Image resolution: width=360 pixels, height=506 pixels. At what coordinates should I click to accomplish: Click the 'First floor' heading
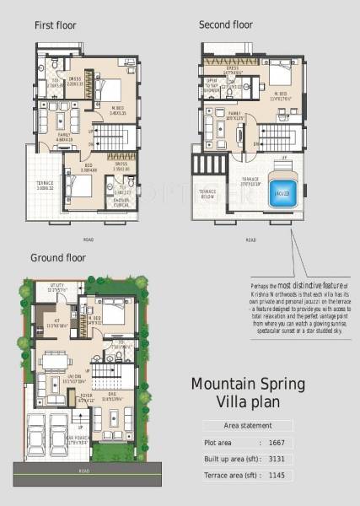click(x=55, y=25)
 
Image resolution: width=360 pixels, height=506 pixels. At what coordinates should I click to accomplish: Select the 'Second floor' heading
click(x=225, y=25)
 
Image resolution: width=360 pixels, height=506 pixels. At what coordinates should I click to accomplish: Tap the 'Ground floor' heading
click(x=58, y=257)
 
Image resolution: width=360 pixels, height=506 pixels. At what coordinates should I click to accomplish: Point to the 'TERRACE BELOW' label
click(x=207, y=193)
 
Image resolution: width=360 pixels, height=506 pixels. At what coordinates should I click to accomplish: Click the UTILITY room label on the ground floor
click(x=56, y=286)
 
